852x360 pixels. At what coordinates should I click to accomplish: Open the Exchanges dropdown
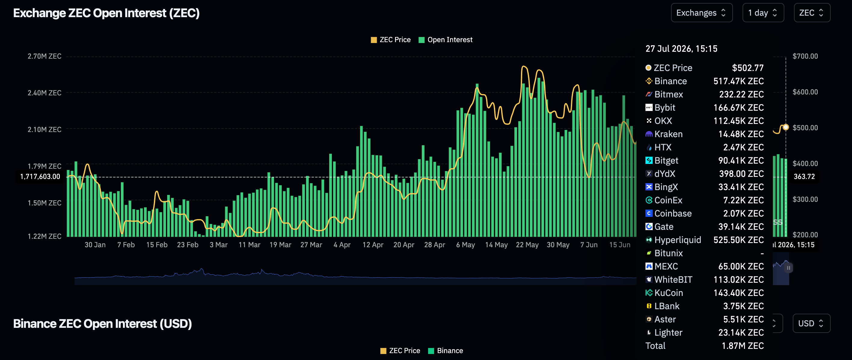(701, 13)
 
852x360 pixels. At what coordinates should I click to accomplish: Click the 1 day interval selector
(763, 13)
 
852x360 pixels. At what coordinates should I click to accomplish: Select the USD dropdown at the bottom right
(811, 323)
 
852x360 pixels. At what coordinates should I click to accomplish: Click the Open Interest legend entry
(446, 40)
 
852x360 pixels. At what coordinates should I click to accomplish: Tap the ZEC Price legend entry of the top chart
(391, 40)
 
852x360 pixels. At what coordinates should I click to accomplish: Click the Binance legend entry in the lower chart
(446, 351)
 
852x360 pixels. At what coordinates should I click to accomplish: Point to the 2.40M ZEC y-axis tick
(44, 93)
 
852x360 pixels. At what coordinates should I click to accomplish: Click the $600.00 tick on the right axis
(805, 92)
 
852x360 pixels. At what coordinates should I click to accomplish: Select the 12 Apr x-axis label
(373, 245)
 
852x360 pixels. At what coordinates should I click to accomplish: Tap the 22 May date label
(527, 245)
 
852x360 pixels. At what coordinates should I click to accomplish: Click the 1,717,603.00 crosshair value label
(40, 177)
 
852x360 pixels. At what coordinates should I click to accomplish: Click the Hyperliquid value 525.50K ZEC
(739, 240)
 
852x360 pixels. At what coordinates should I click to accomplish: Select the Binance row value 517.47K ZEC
(739, 81)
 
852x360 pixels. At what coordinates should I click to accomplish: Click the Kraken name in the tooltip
(668, 134)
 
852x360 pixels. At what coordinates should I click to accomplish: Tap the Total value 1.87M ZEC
(743, 346)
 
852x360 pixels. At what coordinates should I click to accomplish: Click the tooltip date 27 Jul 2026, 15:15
(681, 49)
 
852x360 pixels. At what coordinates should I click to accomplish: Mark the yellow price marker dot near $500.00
(786, 127)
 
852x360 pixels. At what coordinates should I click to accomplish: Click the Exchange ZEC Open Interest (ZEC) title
(106, 13)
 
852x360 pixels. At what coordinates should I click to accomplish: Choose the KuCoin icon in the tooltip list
(649, 293)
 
